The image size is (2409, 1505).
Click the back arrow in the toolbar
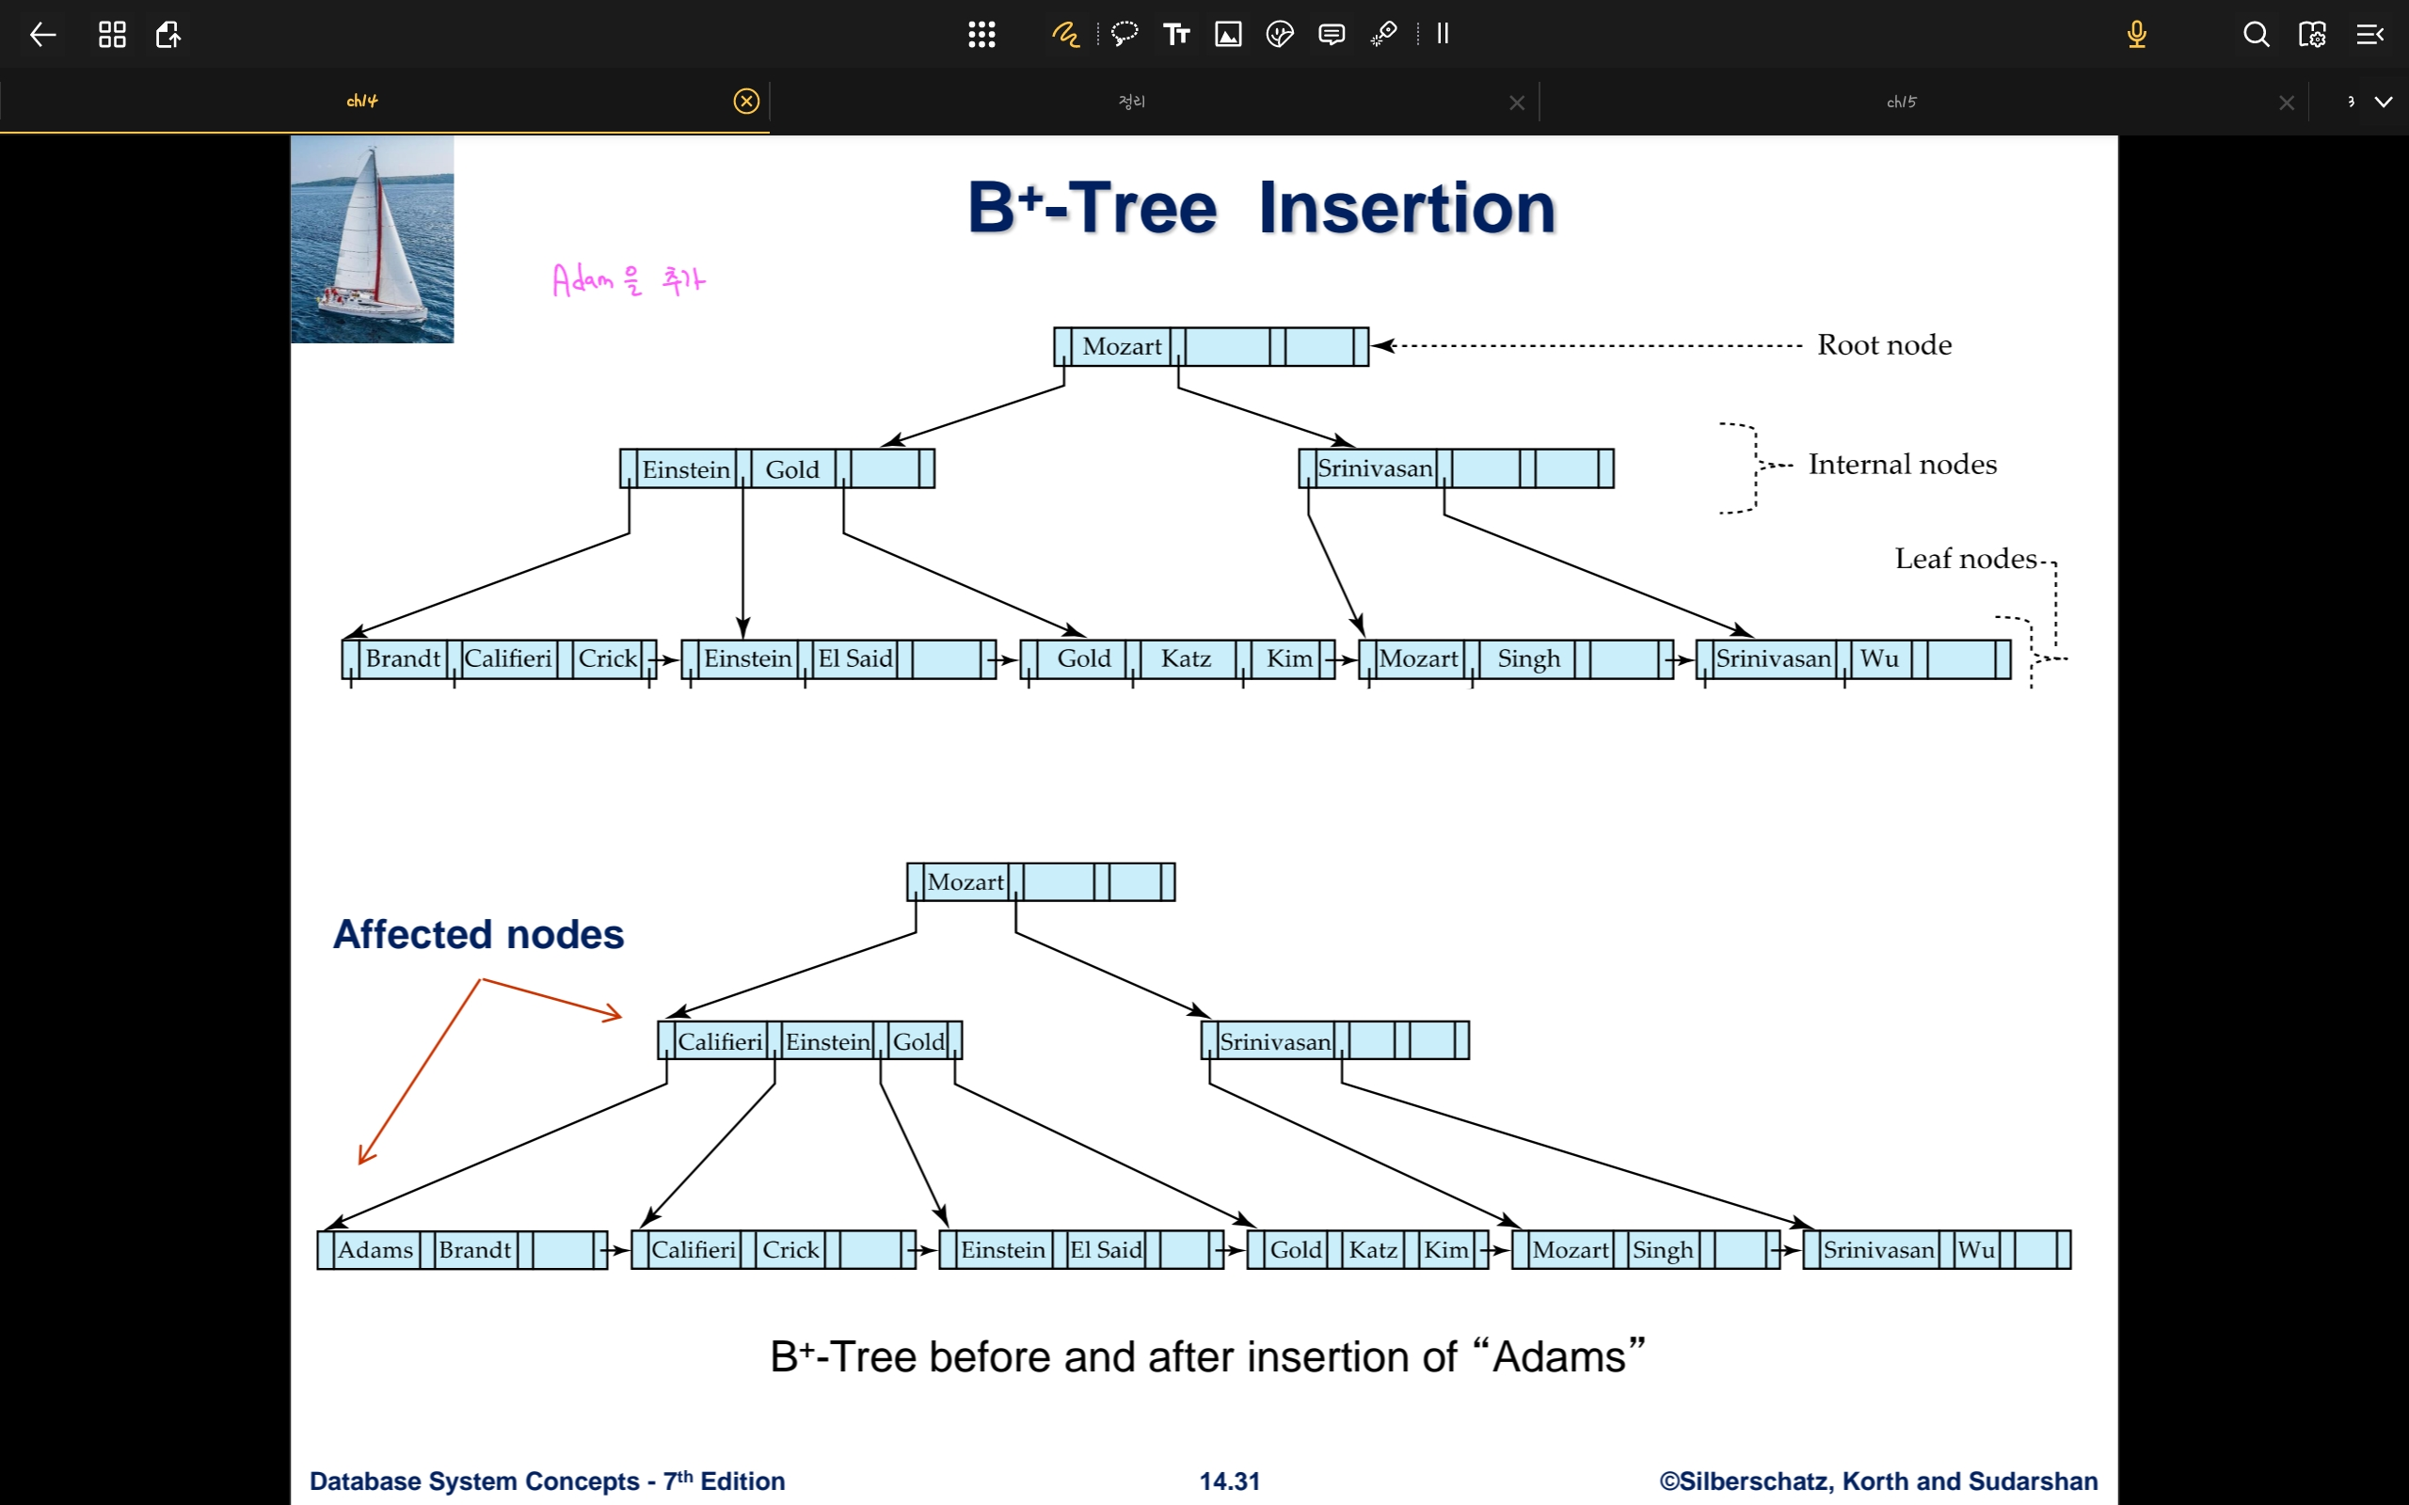click(x=42, y=35)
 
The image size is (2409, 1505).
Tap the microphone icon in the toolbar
click(x=2136, y=35)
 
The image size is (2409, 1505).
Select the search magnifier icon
click(x=2256, y=35)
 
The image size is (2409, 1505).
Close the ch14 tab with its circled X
click(x=745, y=101)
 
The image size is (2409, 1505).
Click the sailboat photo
click(x=373, y=239)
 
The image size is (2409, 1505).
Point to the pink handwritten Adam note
click(x=627, y=280)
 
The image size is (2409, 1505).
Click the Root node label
click(x=1883, y=344)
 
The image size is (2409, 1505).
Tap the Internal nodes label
click(x=1901, y=464)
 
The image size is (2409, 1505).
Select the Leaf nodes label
click(x=1965, y=559)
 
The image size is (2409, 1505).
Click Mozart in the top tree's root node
click(x=1122, y=346)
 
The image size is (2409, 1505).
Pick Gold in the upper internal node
click(x=792, y=468)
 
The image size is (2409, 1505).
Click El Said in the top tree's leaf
click(x=855, y=657)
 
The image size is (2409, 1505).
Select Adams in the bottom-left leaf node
click(x=375, y=1249)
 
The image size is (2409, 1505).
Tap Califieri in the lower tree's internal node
click(x=720, y=1041)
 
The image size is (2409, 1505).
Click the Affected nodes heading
click(x=478, y=934)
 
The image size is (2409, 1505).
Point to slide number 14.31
click(x=1229, y=1481)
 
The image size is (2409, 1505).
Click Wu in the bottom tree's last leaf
click(x=1976, y=1249)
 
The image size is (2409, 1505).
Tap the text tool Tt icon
click(x=1176, y=35)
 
